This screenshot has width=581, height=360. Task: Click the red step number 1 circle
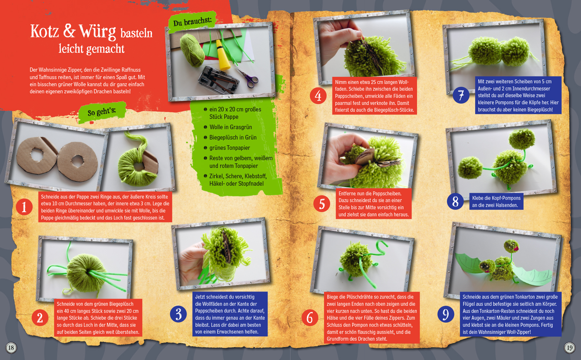24,207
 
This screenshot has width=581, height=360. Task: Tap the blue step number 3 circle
178,314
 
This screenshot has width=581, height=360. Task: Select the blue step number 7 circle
461,95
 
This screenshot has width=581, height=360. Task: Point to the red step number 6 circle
310,317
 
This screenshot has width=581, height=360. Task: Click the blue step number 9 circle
446,314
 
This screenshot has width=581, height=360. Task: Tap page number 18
11,348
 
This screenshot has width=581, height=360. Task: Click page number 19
570,348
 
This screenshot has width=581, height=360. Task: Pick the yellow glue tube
223,55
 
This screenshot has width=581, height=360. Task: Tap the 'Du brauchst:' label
193,22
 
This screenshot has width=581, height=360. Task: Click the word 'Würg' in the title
97,32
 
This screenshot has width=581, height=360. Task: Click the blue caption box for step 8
496,201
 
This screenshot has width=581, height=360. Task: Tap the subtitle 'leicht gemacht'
91,49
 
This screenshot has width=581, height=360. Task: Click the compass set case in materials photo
219,79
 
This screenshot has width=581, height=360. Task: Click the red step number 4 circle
318,96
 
